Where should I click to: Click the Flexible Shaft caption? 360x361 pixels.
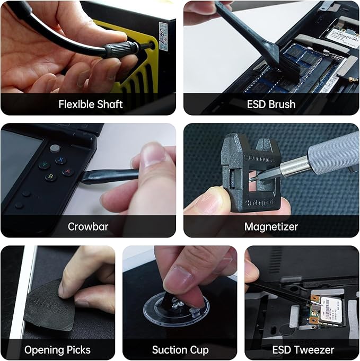point(90,104)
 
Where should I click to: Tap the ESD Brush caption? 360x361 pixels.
point(271,104)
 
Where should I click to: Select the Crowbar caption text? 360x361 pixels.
point(88,226)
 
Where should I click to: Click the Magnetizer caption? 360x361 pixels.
point(271,226)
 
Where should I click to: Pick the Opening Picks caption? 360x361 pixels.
point(57,349)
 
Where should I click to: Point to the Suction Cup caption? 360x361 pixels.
point(180,349)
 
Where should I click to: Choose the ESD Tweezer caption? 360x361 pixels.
point(303,349)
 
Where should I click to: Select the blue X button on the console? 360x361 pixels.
point(61,160)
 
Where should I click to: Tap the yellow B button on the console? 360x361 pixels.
point(51,177)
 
